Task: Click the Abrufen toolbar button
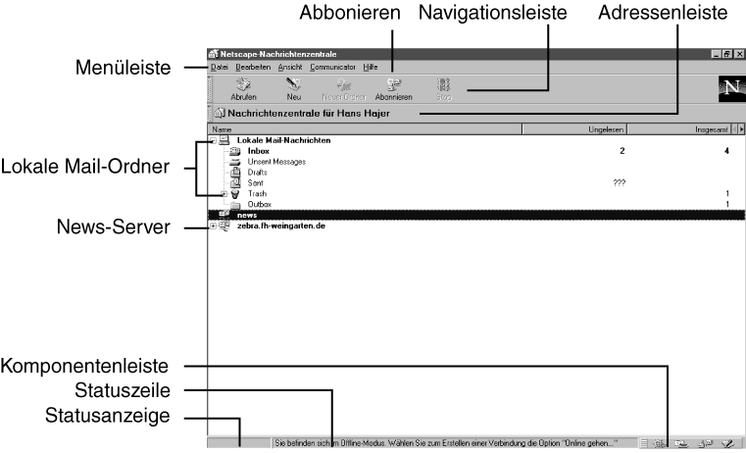tap(242, 90)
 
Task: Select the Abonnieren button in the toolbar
tap(393, 90)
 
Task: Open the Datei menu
tap(220, 67)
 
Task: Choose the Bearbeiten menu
tap(253, 67)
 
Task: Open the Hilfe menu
tap(370, 67)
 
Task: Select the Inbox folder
tap(259, 151)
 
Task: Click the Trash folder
tap(257, 194)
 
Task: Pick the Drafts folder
tap(258, 173)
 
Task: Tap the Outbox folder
tap(260, 204)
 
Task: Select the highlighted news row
tap(247, 215)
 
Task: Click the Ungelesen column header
tap(607, 129)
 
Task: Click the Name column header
tap(222, 129)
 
